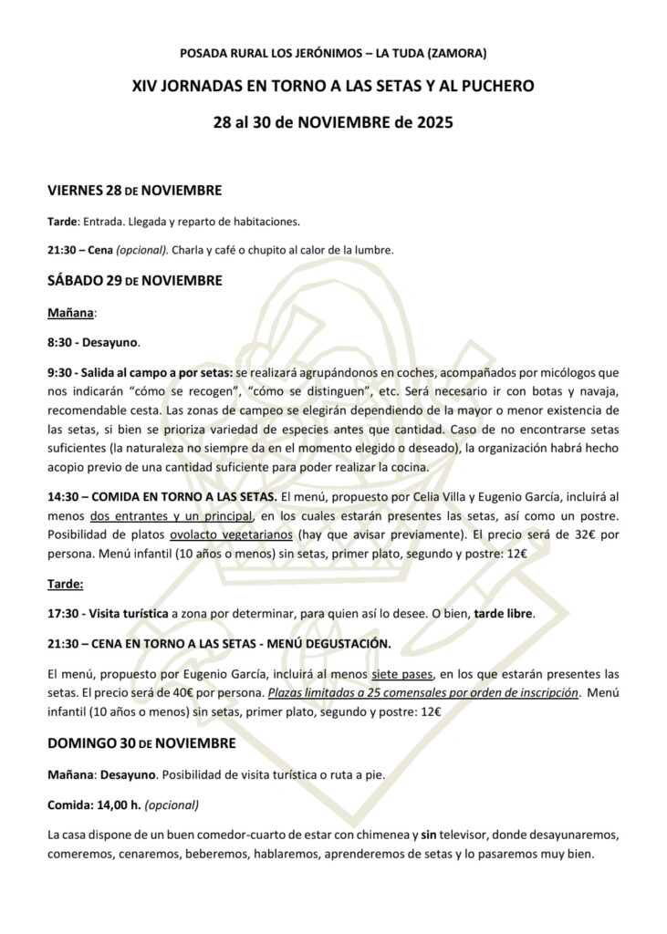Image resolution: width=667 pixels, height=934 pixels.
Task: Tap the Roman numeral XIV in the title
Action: click(149, 87)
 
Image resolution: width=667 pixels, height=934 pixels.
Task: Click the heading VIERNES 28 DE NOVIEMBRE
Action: click(134, 192)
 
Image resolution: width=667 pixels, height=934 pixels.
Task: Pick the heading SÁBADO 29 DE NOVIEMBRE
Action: click(134, 280)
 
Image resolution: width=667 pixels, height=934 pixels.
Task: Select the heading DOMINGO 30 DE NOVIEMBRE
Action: click(141, 744)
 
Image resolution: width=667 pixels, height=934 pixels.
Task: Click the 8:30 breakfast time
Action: click(62, 343)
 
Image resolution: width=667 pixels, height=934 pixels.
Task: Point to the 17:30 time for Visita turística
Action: click(63, 614)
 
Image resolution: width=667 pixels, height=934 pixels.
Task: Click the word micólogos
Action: click(558, 373)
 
